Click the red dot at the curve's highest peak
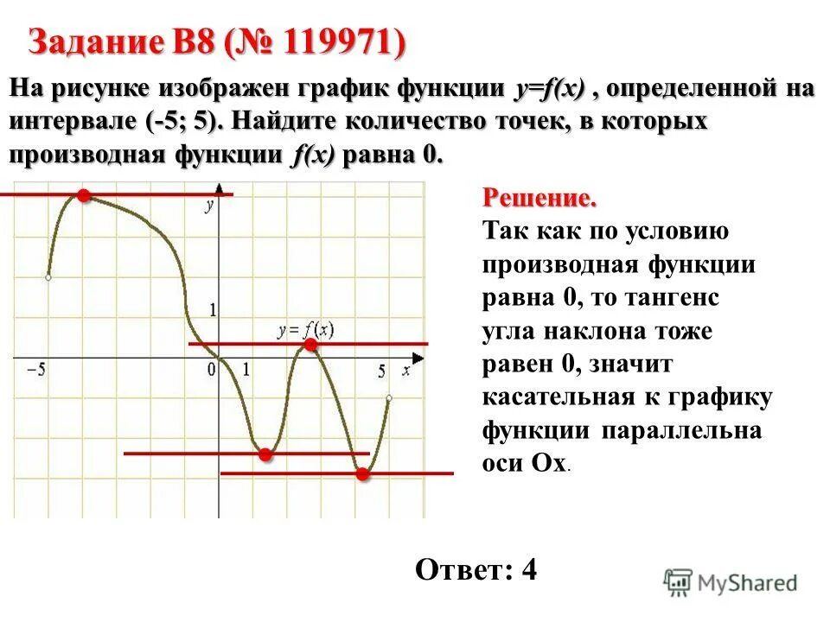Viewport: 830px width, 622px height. click(x=83, y=196)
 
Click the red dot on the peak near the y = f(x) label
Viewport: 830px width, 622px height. click(x=310, y=346)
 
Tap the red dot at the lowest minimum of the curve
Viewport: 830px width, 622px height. click(x=362, y=473)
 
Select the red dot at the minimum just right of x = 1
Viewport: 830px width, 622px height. click(x=265, y=454)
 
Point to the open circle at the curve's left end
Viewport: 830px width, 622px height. click(x=48, y=277)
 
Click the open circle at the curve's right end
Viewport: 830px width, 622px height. click(x=389, y=398)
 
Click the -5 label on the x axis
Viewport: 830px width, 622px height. click(x=36, y=370)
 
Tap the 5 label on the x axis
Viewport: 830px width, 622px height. click(x=381, y=372)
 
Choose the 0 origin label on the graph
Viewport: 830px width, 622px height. click(x=210, y=371)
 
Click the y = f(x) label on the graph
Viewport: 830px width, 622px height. click(x=306, y=330)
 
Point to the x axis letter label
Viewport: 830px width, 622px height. click(x=405, y=370)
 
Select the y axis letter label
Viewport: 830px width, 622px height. click(x=208, y=206)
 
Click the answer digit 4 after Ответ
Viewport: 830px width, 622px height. click(x=530, y=570)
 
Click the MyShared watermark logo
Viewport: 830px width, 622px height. click(x=731, y=583)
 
